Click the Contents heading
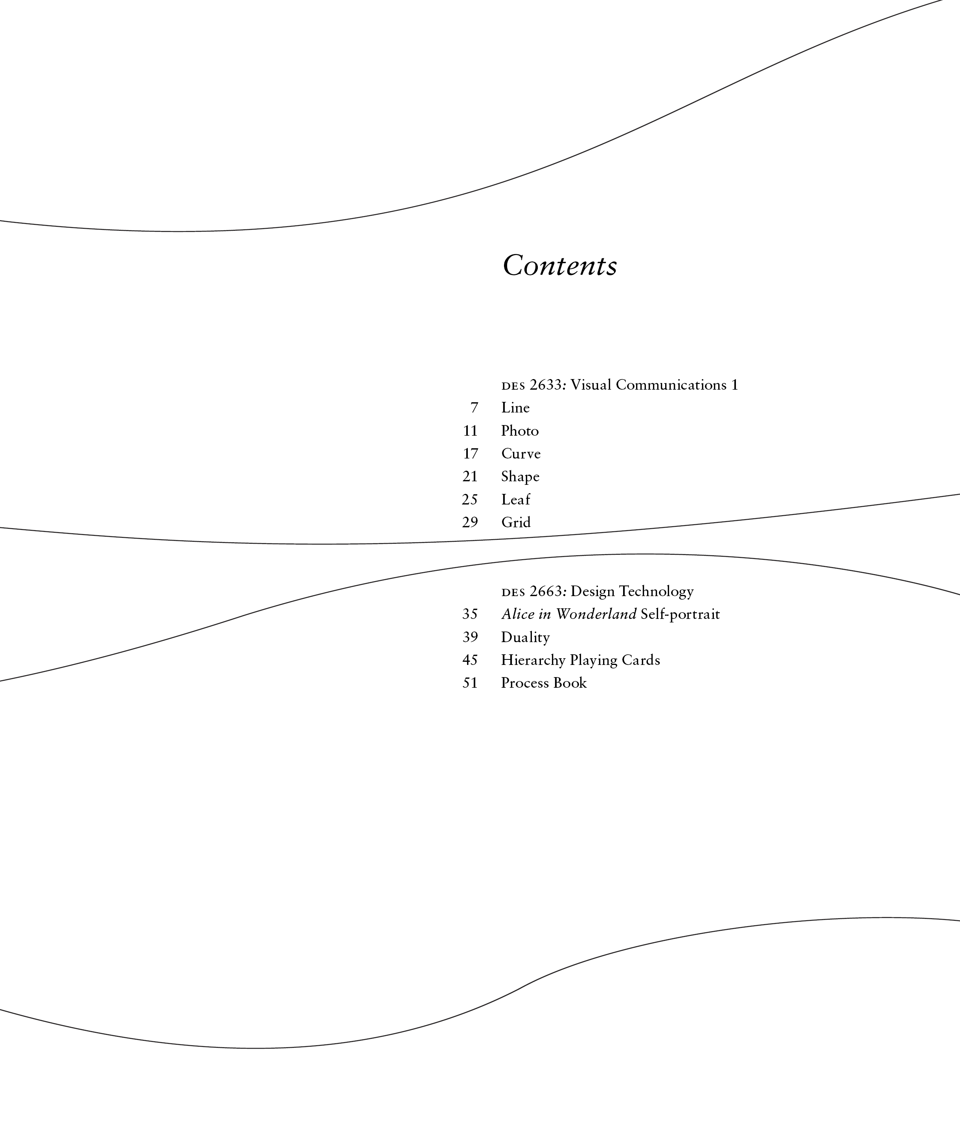pos(560,266)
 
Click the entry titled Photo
pos(519,431)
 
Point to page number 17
pos(470,454)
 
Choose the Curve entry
pos(520,454)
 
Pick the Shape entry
pos(520,477)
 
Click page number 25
pos(470,500)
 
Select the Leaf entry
pos(515,500)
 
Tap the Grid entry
pos(515,523)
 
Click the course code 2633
pos(546,385)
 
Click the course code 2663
pos(546,591)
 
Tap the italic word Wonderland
pos(596,615)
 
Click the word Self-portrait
pos(680,615)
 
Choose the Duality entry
pos(525,637)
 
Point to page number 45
pos(470,660)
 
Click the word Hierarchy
pos(533,660)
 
